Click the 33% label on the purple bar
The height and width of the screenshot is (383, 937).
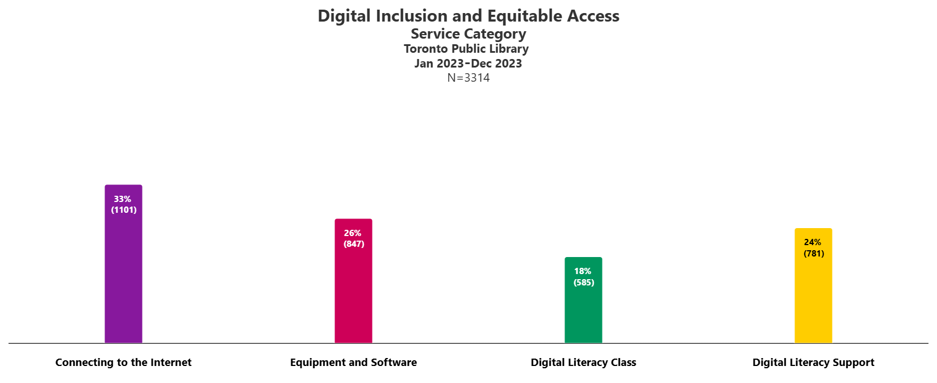[x=123, y=199]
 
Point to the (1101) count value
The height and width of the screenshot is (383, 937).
[x=124, y=210]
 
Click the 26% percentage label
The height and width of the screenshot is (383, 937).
[x=353, y=233]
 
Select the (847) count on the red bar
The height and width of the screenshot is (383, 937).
[x=354, y=244]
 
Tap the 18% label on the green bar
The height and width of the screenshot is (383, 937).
[x=583, y=271]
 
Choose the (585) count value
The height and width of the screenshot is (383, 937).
[x=584, y=283]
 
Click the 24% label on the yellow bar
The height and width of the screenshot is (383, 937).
[x=813, y=242]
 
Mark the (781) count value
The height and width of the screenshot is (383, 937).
[x=814, y=254]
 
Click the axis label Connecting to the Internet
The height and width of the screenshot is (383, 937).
[x=123, y=363]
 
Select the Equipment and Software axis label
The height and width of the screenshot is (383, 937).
[x=353, y=363]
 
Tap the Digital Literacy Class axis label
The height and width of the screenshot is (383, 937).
[x=583, y=363]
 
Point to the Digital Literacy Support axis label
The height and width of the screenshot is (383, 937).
[x=813, y=363]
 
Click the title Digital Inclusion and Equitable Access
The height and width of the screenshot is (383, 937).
[x=468, y=16]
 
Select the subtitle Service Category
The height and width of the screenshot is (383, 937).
[x=468, y=34]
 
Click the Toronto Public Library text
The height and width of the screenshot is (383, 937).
[x=466, y=49]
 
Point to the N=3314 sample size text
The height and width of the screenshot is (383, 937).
[x=468, y=78]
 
